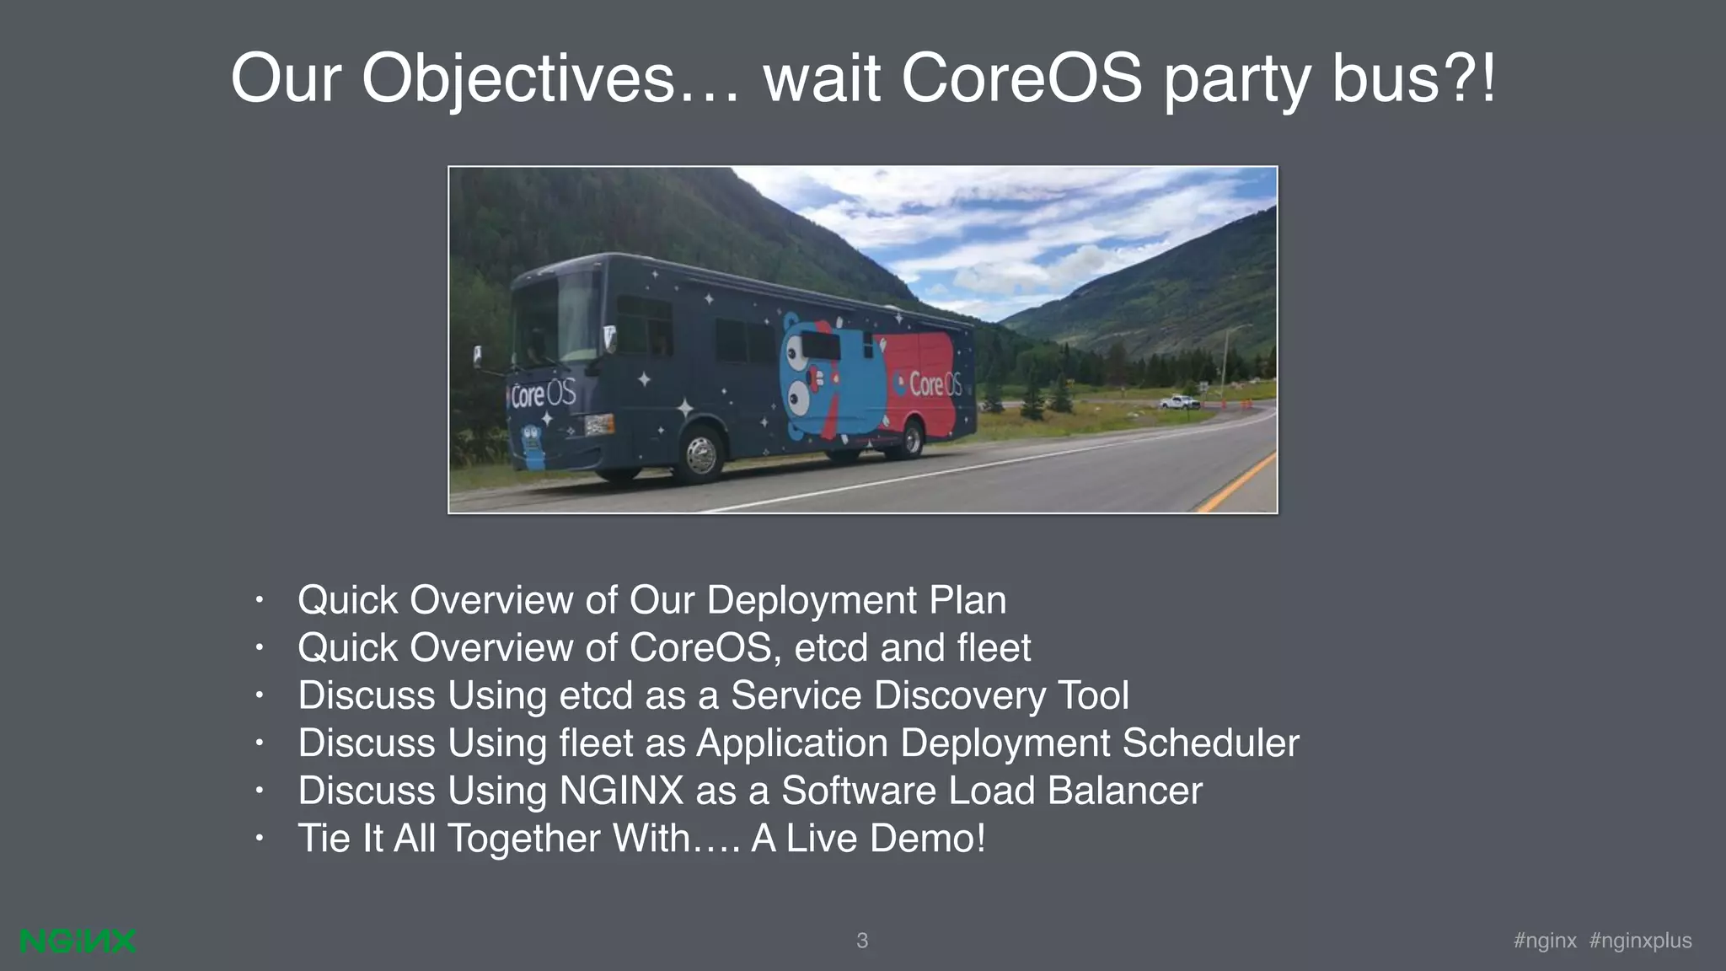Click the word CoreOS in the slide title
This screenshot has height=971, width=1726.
(1021, 79)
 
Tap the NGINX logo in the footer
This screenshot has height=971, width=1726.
(78, 941)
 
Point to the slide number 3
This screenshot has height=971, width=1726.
(862, 941)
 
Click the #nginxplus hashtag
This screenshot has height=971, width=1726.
(1640, 941)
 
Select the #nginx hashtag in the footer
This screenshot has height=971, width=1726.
(1545, 941)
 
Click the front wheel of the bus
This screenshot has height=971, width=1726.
(700, 454)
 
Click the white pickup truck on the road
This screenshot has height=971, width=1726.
(1178, 402)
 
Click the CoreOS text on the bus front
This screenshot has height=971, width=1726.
(543, 394)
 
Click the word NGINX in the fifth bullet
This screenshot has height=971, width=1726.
(621, 791)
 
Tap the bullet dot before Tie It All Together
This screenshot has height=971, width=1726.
(260, 839)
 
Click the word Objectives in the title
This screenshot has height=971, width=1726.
(518, 79)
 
